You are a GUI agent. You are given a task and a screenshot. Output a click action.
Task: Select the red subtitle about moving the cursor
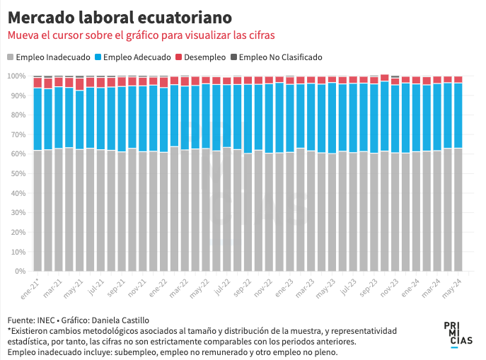(141, 35)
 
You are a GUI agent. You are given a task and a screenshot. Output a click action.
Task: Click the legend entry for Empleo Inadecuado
(47, 57)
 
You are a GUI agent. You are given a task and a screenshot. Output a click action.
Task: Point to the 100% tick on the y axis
(16, 76)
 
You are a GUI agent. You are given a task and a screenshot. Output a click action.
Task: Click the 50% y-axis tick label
(18, 173)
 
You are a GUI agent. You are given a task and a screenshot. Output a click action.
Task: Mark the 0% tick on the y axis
(20, 271)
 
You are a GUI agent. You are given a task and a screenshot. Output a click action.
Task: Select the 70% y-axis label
(18, 134)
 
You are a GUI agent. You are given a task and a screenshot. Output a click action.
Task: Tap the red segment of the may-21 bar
(79, 84)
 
